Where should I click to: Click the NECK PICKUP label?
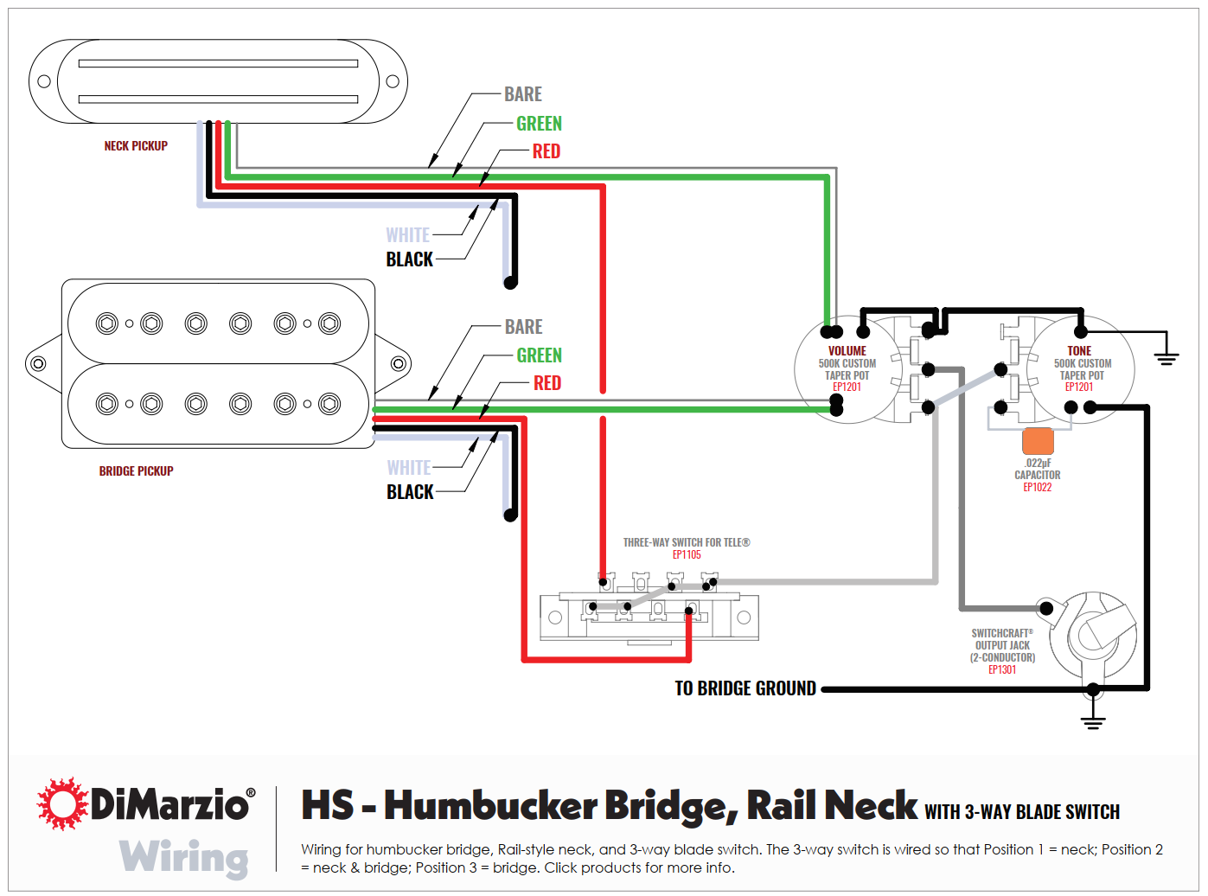point(136,146)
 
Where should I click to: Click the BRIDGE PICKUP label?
point(136,471)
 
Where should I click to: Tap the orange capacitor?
point(1038,441)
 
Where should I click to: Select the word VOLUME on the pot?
point(847,351)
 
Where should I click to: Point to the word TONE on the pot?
point(1079,351)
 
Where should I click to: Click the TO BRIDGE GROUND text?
point(745,688)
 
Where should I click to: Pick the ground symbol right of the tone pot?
point(1166,356)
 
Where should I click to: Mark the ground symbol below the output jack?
point(1093,720)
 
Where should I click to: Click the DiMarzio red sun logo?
point(62,803)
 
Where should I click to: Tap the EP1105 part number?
point(687,555)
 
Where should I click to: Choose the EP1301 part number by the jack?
point(1002,670)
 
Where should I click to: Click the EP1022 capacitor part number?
point(1038,488)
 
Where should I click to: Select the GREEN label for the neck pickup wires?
point(539,124)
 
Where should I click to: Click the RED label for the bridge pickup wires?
point(547,383)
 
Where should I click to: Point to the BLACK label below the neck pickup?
point(409,259)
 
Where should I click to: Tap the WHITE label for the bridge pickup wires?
point(409,468)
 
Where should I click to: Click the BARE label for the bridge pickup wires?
point(524,327)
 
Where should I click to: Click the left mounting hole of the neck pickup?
point(44,81)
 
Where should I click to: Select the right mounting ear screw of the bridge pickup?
point(399,363)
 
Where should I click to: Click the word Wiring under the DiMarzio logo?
point(183,858)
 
